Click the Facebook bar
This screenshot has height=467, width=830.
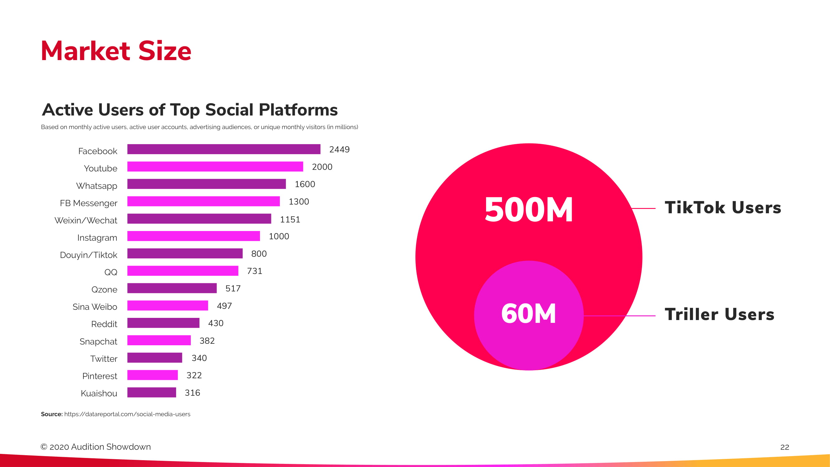224,149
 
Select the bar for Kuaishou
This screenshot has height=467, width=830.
152,392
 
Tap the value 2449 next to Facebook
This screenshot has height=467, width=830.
339,149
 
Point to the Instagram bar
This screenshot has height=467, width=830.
193,236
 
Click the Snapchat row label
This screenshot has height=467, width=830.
98,341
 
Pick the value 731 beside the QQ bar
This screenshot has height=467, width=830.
255,271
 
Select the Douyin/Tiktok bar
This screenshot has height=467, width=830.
185,253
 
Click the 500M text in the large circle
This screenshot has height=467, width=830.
529,210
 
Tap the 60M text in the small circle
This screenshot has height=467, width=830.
528,314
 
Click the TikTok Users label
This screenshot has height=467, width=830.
723,208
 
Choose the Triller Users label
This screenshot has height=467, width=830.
719,314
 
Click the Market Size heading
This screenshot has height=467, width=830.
116,51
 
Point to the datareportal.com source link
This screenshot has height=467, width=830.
127,414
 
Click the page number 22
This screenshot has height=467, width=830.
785,447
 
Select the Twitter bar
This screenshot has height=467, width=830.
155,357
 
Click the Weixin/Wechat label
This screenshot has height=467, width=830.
86,220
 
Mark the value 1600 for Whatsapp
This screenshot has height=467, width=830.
305,184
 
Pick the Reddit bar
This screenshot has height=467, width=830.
163,323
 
